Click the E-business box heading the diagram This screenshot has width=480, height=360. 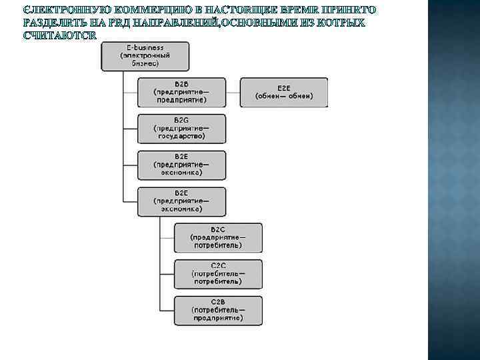(x=145, y=56)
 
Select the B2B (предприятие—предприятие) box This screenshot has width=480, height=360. (x=181, y=92)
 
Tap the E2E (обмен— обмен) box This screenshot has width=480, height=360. (x=283, y=92)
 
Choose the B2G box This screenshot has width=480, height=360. (x=181, y=128)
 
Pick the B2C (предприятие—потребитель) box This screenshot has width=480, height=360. (x=218, y=237)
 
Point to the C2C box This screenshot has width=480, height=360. (x=218, y=273)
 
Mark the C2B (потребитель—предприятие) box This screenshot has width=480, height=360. (x=218, y=310)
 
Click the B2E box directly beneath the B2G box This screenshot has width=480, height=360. (x=181, y=165)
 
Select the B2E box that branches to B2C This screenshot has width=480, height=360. (x=181, y=201)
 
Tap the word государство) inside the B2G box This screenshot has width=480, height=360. (x=181, y=136)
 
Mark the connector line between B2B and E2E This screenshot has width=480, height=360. (x=233, y=92)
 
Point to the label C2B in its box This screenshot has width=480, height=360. (x=218, y=301)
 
